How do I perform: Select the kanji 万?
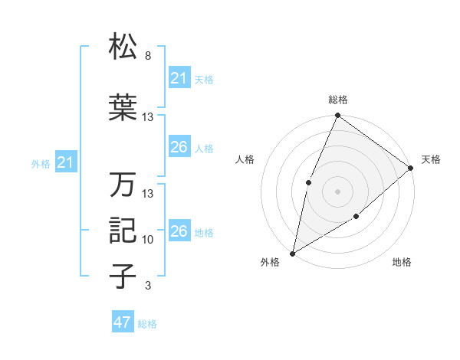(123, 185)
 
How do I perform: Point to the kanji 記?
(123, 231)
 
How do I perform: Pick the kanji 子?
(123, 277)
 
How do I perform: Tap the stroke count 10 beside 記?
(148, 240)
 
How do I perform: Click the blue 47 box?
(123, 322)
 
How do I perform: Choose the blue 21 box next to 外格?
(66, 162)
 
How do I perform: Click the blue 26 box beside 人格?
(179, 147)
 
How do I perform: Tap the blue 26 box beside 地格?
(179, 231)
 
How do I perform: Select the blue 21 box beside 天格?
(179, 78)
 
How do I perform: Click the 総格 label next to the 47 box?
(147, 324)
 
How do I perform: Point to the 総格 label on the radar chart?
(337, 100)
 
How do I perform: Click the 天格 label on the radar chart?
(431, 159)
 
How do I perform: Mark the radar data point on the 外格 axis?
(293, 253)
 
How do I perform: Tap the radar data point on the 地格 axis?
(356, 218)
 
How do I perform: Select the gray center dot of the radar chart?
(337, 191)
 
